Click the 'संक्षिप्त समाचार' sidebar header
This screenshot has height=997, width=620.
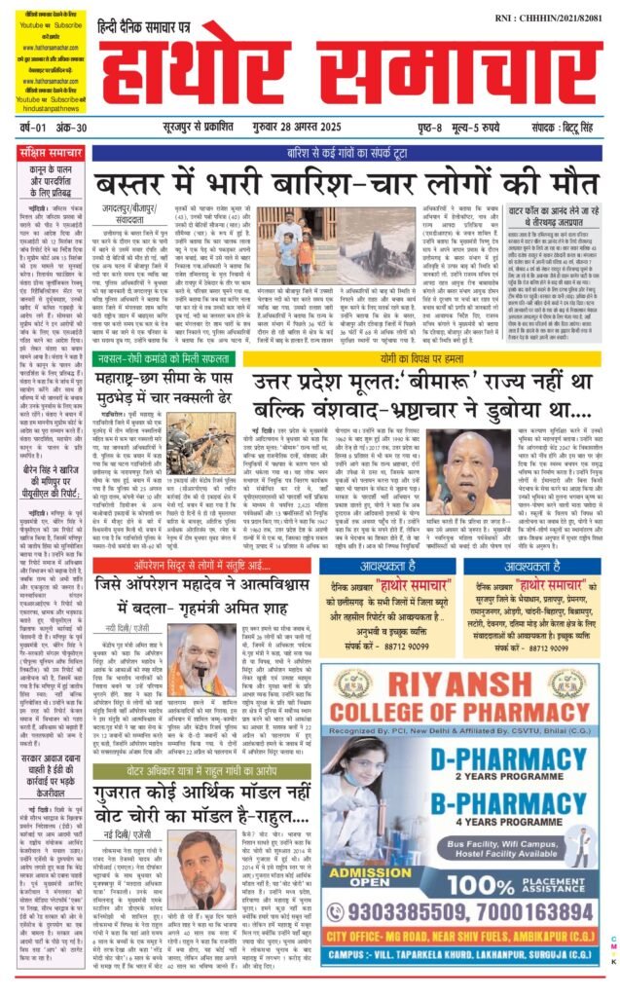coord(53,153)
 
